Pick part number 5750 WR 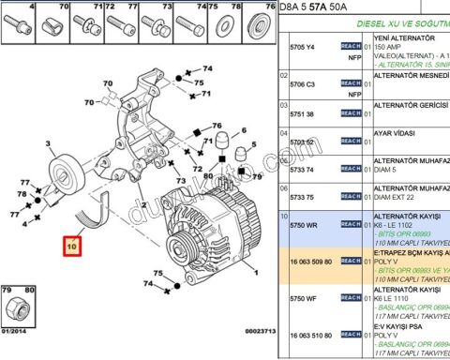(x=302, y=226)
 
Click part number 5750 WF (x=302, y=298)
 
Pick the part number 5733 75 (x=302, y=198)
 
